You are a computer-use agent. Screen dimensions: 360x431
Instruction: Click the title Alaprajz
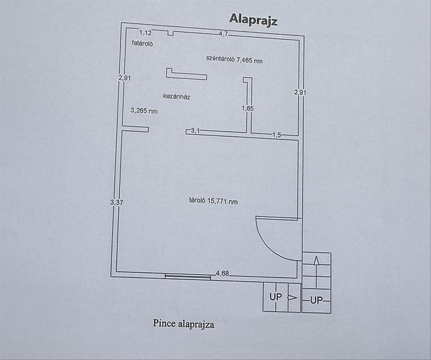click(x=253, y=20)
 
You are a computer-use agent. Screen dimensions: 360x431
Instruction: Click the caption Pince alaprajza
click(x=183, y=324)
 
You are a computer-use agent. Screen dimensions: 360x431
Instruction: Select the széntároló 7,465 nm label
click(x=234, y=60)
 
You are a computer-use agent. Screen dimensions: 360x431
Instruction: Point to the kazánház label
click(x=176, y=96)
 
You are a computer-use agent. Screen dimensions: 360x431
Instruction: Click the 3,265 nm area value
click(x=144, y=111)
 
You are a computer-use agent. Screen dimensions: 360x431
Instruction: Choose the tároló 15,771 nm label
click(x=214, y=201)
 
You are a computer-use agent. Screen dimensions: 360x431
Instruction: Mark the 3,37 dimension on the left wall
click(x=117, y=202)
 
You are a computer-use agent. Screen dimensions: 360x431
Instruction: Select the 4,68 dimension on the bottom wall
click(x=222, y=274)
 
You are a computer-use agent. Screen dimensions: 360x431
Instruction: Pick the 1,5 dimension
click(x=276, y=135)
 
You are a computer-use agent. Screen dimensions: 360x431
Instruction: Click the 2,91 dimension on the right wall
click(x=300, y=92)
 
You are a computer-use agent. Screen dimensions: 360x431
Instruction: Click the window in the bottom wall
click(x=188, y=276)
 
